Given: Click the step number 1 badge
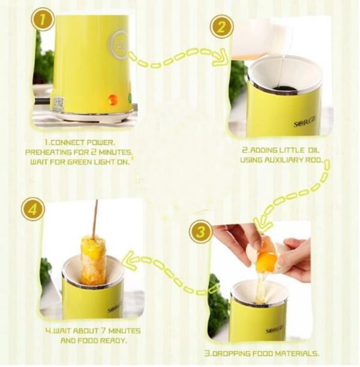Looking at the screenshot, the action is pos(43,19).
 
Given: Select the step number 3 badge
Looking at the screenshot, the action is pos(201,231).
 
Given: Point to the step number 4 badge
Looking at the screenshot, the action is pos(33,209).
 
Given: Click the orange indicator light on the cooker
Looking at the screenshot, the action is pos(113,99).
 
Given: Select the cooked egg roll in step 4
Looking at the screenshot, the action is pos(93,260).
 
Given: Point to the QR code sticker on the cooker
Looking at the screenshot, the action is pos(59,103).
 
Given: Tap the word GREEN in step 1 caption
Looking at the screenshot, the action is pos(80,162).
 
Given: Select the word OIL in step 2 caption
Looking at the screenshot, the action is pos(313,150).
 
